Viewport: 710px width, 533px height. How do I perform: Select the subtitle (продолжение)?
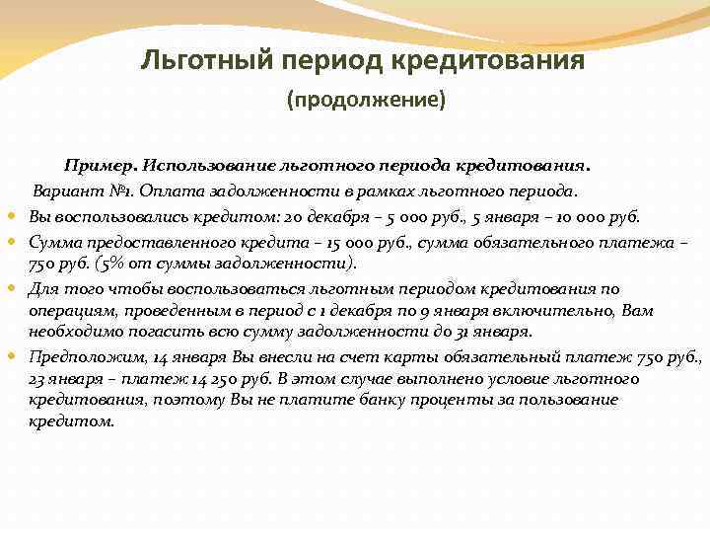coord(366,101)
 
